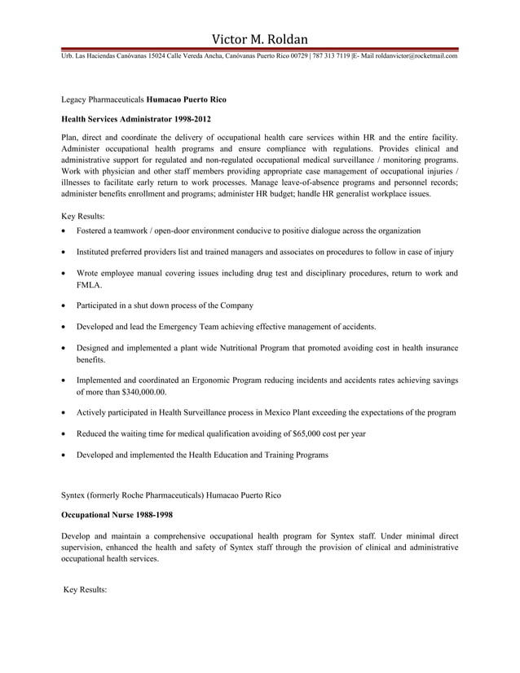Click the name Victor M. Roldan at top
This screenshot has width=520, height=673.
[260, 38]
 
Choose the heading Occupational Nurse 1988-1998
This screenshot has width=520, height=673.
[117, 515]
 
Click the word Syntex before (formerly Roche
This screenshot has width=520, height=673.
[74, 495]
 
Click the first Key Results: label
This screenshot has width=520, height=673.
[83, 216]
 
